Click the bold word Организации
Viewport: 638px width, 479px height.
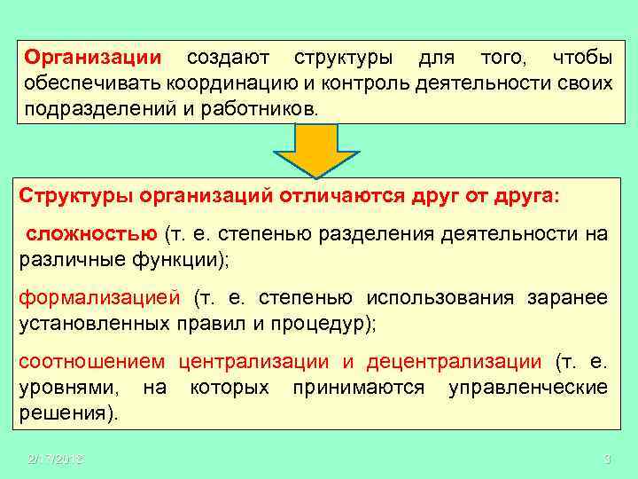(93, 59)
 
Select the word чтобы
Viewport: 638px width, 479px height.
(581, 59)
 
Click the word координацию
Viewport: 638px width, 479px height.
(231, 84)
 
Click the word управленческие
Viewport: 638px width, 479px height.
(528, 388)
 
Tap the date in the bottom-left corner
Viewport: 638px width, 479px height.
(55, 458)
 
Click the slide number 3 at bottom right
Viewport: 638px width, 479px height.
(607, 458)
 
